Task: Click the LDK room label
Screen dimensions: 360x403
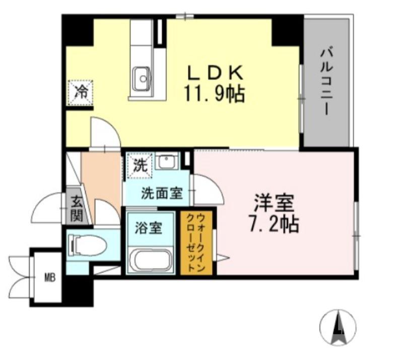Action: [x=216, y=73]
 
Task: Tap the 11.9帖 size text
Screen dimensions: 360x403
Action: [x=216, y=94]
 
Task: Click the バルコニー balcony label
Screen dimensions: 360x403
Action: [x=326, y=81]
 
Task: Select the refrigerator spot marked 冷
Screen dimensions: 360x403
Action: [x=81, y=92]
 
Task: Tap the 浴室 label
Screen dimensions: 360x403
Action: [x=148, y=227]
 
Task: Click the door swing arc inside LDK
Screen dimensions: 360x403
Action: [x=104, y=133]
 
